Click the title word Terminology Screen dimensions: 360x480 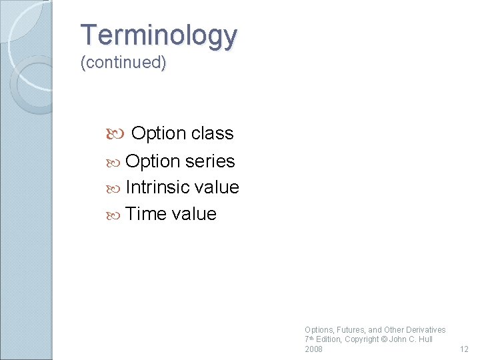pyautogui.click(x=158, y=35)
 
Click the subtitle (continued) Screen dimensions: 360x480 pyautogui.click(x=123, y=63)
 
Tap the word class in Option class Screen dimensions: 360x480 pyautogui.click(x=211, y=133)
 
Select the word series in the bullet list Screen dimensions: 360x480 pyautogui.click(x=210, y=161)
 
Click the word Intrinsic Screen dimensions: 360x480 pyautogui.click(x=157, y=187)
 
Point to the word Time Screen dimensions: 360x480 pyautogui.click(x=145, y=214)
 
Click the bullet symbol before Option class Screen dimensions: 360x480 pyautogui.click(x=113, y=135)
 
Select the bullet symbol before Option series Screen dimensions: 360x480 pyautogui.click(x=113, y=162)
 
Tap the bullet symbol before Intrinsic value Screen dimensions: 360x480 pyautogui.click(x=113, y=188)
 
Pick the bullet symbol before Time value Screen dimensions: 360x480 pyautogui.click(x=113, y=215)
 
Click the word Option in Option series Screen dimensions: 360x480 pyautogui.click(x=153, y=161)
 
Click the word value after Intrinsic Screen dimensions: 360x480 pyautogui.click(x=217, y=187)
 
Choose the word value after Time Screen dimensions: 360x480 pyautogui.click(x=194, y=214)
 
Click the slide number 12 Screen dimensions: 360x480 pyautogui.click(x=465, y=349)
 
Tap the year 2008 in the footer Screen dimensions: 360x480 pyautogui.click(x=313, y=349)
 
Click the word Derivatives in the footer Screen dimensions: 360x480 pyautogui.click(x=425, y=329)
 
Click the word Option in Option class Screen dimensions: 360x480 pyautogui.click(x=159, y=133)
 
